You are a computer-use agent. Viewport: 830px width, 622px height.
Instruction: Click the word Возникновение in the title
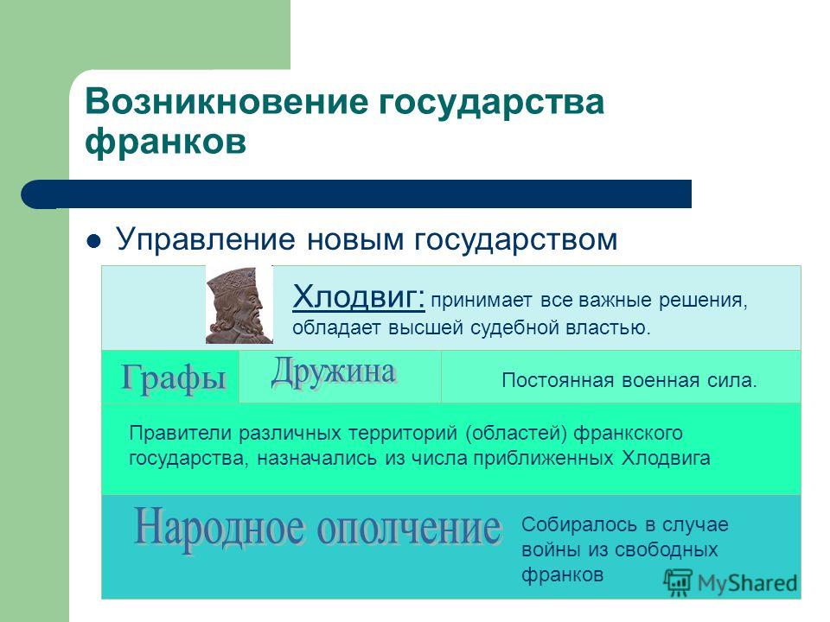click(226, 102)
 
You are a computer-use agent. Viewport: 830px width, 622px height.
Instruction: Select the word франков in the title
click(166, 142)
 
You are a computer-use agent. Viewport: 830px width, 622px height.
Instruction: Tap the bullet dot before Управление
click(93, 242)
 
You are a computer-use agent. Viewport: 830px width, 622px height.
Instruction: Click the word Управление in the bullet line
click(206, 239)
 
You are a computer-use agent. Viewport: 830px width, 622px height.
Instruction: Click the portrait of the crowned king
click(239, 305)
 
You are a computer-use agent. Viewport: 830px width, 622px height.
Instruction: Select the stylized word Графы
click(174, 378)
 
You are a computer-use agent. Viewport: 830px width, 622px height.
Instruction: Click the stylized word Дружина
click(333, 372)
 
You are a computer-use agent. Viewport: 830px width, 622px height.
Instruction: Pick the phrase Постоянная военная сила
click(629, 380)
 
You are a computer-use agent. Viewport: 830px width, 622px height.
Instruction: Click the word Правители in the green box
click(181, 433)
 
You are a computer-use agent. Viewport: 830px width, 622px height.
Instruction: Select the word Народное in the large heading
click(220, 527)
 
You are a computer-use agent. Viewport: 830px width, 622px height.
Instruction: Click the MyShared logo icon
click(678, 583)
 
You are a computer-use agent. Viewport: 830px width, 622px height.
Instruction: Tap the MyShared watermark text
click(747, 583)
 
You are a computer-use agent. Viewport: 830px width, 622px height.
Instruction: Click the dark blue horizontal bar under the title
click(356, 194)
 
